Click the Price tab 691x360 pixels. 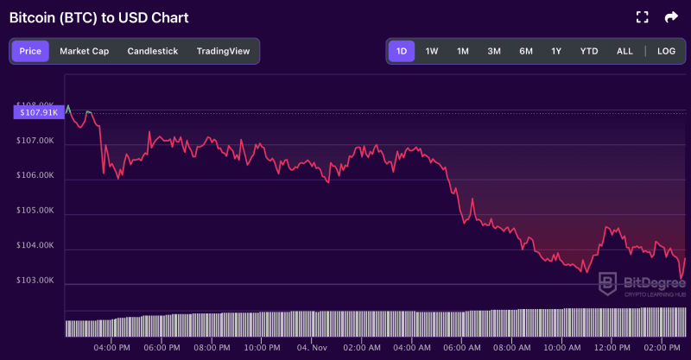tap(30, 51)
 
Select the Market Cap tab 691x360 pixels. tap(84, 51)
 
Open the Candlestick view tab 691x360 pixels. tap(152, 51)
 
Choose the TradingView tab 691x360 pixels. tap(223, 51)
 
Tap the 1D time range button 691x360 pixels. tap(401, 51)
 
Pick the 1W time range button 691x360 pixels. tap(432, 51)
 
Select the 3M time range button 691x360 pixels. tap(494, 51)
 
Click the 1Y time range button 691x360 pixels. tap(556, 51)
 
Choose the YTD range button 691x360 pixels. tap(589, 51)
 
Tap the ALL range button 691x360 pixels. tap(624, 51)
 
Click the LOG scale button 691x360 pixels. tap(666, 51)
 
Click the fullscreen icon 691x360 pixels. tap(642, 17)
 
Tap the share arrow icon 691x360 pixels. tap(671, 17)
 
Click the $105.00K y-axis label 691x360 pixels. tap(35, 211)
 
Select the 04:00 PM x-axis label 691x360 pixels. tap(112, 348)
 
